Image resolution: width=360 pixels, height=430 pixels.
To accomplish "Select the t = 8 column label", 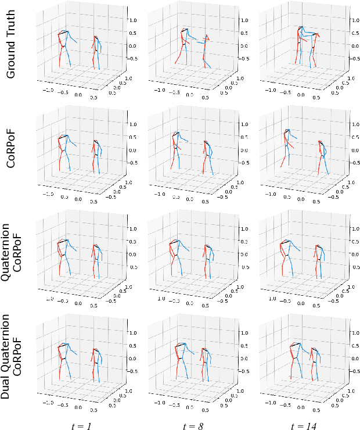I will (193, 424).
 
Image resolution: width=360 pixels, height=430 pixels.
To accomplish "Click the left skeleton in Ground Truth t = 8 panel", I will (181, 49).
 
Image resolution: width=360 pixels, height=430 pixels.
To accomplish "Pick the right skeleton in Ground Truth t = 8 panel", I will (206, 51).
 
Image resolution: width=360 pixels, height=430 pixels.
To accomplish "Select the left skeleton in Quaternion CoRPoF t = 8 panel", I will (177, 256).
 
